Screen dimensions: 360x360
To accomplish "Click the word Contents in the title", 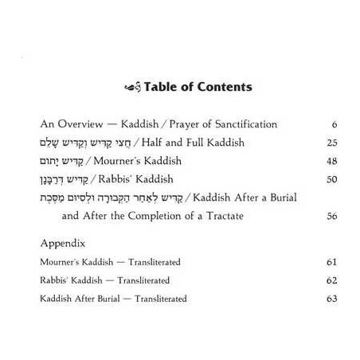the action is coord(225,87).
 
